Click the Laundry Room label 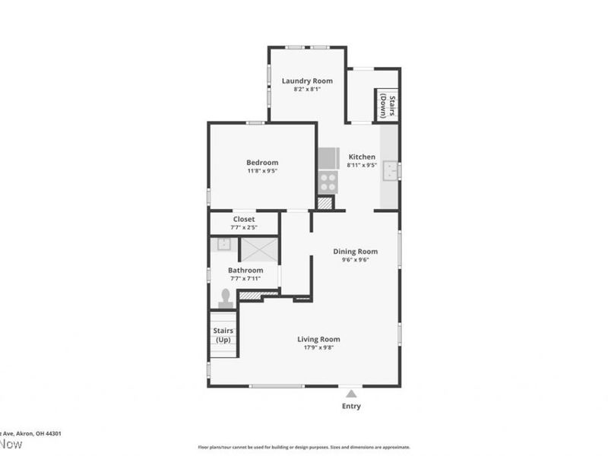[x=308, y=81]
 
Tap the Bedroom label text [x=262, y=162]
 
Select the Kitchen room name [x=362, y=157]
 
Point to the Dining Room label [x=356, y=252]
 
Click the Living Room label [x=318, y=339]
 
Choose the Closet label [x=244, y=219]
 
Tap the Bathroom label [x=245, y=270]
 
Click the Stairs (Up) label [x=223, y=335]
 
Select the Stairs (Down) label [x=388, y=106]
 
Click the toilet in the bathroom [x=226, y=299]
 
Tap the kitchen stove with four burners [x=328, y=182]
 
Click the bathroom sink [x=223, y=244]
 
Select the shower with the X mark [x=259, y=249]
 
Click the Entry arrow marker [x=351, y=394]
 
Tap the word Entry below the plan [x=351, y=407]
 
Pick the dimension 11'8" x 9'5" [x=262, y=171]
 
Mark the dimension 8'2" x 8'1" [x=308, y=89]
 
